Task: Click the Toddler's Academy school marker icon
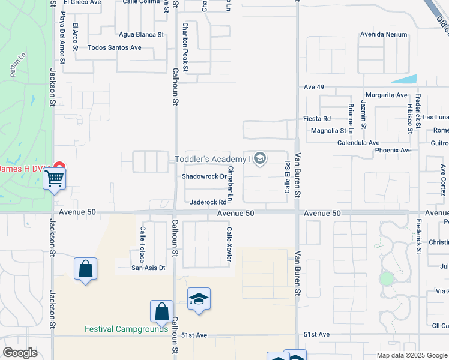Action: [x=260, y=159]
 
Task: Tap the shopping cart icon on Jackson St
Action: [x=54, y=178]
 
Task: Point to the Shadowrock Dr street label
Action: [x=205, y=176]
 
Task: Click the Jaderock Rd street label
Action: [x=208, y=202]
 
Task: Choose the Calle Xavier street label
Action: [x=228, y=243]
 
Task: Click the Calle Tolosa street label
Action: [x=143, y=244]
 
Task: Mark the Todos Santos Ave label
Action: [x=115, y=47]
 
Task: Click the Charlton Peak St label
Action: [x=185, y=47]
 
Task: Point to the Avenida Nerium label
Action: [x=384, y=34]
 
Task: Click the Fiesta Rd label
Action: [x=317, y=119]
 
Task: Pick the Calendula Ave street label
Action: [x=358, y=143]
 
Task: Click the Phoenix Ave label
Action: [x=393, y=150]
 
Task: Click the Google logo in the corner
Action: [x=20, y=353]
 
